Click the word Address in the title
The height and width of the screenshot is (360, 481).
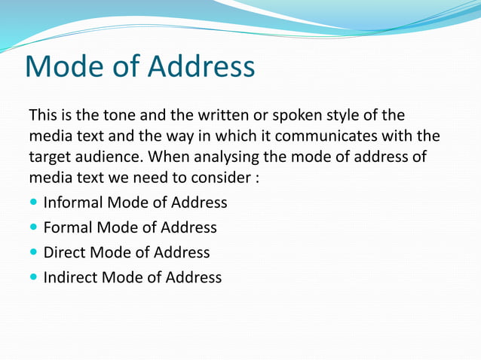pos(201,67)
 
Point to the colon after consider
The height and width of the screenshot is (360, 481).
pos(257,181)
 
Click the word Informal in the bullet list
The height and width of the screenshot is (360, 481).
pos(73,203)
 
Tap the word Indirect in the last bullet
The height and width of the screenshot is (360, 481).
pos(70,277)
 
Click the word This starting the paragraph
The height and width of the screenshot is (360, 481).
pos(42,116)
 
